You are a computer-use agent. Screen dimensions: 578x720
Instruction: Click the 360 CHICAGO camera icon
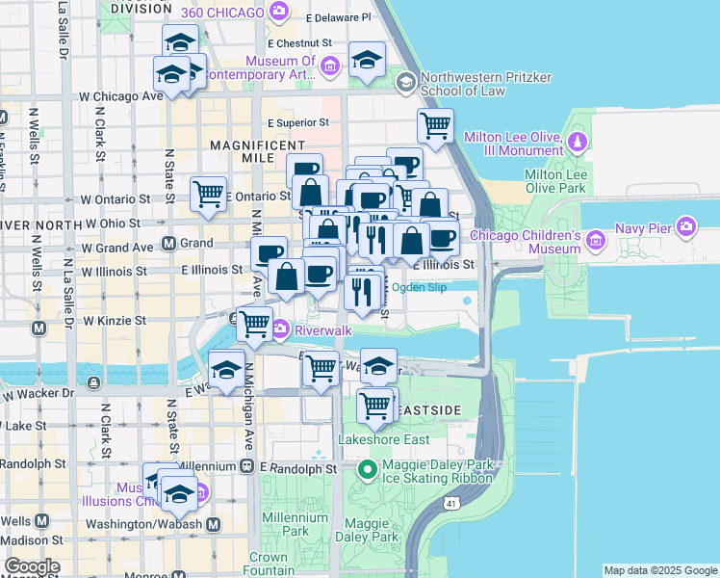click(279, 13)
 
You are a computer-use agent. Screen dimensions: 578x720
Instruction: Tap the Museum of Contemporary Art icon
click(330, 66)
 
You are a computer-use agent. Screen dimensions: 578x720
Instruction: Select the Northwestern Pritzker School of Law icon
click(405, 82)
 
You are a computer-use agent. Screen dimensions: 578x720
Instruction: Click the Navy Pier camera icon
click(685, 227)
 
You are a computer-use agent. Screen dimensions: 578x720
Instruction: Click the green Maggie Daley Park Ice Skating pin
click(366, 470)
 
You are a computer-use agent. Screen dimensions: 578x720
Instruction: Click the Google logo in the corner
click(31, 566)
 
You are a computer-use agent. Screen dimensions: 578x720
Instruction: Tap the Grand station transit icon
click(168, 244)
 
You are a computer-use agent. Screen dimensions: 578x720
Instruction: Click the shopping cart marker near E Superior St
click(435, 124)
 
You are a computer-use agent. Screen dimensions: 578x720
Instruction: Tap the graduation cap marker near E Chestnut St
click(367, 60)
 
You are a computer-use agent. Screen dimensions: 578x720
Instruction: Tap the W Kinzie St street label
click(114, 320)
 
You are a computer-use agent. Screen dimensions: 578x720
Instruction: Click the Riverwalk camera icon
click(280, 329)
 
